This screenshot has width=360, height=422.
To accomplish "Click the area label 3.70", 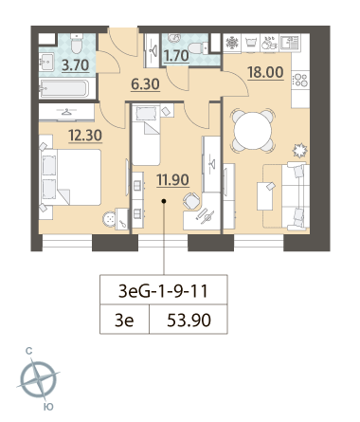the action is click(x=75, y=65).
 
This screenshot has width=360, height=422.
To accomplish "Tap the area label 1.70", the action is click(x=176, y=56).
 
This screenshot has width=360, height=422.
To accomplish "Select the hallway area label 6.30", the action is click(x=145, y=84).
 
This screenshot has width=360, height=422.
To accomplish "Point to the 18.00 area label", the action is click(x=265, y=72).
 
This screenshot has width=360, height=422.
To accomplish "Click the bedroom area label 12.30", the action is click(x=85, y=136).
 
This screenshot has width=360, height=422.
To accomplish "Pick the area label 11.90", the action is click(x=172, y=180).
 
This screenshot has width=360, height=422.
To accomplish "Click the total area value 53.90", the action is click(x=189, y=321).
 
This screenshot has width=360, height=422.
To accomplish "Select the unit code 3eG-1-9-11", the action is click(x=163, y=291).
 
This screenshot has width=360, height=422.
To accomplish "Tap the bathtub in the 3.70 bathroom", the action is click(x=64, y=88).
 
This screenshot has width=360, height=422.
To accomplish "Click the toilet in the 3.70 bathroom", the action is click(x=77, y=44).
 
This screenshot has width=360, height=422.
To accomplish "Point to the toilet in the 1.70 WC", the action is click(x=197, y=49).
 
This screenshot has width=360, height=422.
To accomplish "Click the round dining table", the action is click(x=252, y=130).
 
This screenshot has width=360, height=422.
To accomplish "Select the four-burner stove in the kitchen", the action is click(x=300, y=80).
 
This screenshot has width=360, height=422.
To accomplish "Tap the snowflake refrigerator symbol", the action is click(x=232, y=42).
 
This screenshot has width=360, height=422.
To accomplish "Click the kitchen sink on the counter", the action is click(x=289, y=43).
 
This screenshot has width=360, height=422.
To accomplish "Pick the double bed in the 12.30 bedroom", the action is click(x=70, y=177).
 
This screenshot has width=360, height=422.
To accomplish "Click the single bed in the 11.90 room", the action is click(x=145, y=135).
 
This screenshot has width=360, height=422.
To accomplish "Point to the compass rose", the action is click(x=38, y=378).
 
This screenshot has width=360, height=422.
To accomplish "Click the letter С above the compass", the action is click(x=28, y=351).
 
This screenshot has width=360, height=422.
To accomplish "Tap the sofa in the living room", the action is click(x=295, y=195).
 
